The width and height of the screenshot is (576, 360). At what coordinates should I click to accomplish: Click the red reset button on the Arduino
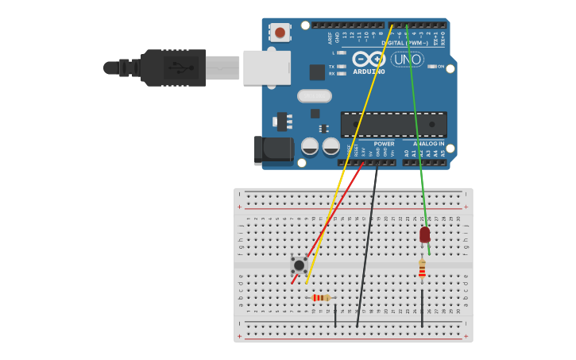click(280, 33)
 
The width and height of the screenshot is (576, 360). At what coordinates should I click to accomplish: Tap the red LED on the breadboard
click(425, 234)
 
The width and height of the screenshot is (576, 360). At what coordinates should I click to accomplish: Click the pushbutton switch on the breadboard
click(299, 265)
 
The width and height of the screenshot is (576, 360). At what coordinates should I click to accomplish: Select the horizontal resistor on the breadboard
click(320, 298)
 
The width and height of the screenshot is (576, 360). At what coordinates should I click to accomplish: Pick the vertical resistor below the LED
click(422, 269)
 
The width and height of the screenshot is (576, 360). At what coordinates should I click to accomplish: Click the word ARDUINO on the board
click(369, 72)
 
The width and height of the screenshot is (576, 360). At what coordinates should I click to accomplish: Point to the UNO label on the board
click(408, 60)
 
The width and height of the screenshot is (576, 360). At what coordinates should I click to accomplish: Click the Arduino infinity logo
click(369, 59)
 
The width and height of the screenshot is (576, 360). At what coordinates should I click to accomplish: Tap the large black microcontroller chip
click(393, 124)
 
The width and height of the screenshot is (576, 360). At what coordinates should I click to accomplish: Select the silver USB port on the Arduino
click(266, 68)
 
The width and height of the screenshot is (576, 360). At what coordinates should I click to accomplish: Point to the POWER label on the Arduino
click(384, 144)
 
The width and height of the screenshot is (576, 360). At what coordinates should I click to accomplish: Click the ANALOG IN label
click(428, 144)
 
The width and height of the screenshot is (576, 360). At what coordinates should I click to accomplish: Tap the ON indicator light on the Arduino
click(431, 67)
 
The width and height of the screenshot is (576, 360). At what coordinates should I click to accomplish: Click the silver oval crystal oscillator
click(314, 96)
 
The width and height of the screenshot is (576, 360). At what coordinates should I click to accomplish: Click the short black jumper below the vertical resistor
click(422, 308)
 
